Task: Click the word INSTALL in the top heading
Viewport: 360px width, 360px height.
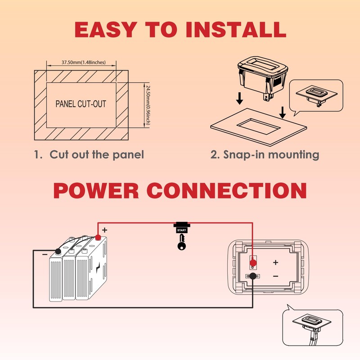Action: coord(236,29)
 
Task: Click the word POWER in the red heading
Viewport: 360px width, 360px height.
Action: coord(96,190)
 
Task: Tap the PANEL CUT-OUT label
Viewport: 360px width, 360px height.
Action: coord(81,104)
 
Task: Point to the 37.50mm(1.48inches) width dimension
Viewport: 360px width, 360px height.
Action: coord(84,62)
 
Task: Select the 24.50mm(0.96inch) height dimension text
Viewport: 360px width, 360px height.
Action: coord(148,105)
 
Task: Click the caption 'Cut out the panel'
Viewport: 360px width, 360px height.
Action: coord(97,154)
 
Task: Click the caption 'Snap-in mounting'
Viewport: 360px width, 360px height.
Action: coord(271,155)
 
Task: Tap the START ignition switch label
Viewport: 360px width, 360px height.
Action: coord(182,230)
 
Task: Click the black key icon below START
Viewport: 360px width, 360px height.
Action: coord(181,242)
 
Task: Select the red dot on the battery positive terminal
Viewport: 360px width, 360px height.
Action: coord(98,238)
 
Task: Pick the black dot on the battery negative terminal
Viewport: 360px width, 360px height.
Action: coord(58,252)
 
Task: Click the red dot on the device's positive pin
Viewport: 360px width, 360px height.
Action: coord(253,262)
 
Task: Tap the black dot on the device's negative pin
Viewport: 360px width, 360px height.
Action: coord(253,276)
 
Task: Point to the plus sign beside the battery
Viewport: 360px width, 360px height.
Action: coord(105,230)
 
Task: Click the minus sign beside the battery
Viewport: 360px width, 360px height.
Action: coord(45,254)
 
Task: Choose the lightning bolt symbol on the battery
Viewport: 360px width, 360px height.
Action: coord(98,267)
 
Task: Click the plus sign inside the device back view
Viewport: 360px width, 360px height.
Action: coord(276,262)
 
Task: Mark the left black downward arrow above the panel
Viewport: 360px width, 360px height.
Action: coord(239,98)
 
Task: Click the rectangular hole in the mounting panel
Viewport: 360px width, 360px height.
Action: coord(258,126)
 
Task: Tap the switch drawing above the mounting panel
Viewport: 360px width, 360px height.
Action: coord(263,77)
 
